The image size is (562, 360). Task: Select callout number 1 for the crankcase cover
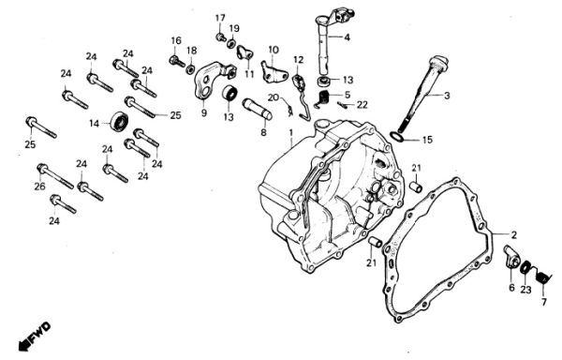pos(291,133)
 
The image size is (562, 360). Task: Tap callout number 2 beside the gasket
pos(514,235)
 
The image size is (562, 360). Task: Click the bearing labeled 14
pos(119,122)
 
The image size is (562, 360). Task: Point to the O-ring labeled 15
pos(396,137)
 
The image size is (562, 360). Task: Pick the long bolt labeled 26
pos(55,175)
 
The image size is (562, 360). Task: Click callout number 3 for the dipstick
pos(447,96)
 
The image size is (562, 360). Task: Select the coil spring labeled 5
pos(324,98)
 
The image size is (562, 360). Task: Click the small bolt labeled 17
pos(220,37)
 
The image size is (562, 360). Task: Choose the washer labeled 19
pos(231,44)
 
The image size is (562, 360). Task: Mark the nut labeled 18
pos(190,68)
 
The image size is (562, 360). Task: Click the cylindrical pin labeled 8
pos(258,109)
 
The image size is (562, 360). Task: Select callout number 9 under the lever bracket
pos(204,112)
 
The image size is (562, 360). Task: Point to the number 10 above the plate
pos(274,50)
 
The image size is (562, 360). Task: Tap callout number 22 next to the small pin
pos(362,105)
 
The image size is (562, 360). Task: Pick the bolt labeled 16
pos(177,61)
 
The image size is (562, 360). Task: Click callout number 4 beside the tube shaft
pos(347,37)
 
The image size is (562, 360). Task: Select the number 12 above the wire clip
pos(299,59)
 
